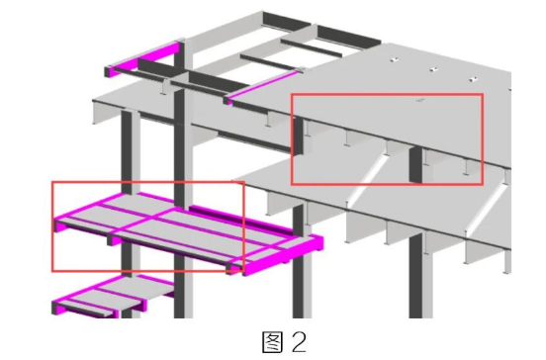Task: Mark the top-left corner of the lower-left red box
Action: point(52,182)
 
